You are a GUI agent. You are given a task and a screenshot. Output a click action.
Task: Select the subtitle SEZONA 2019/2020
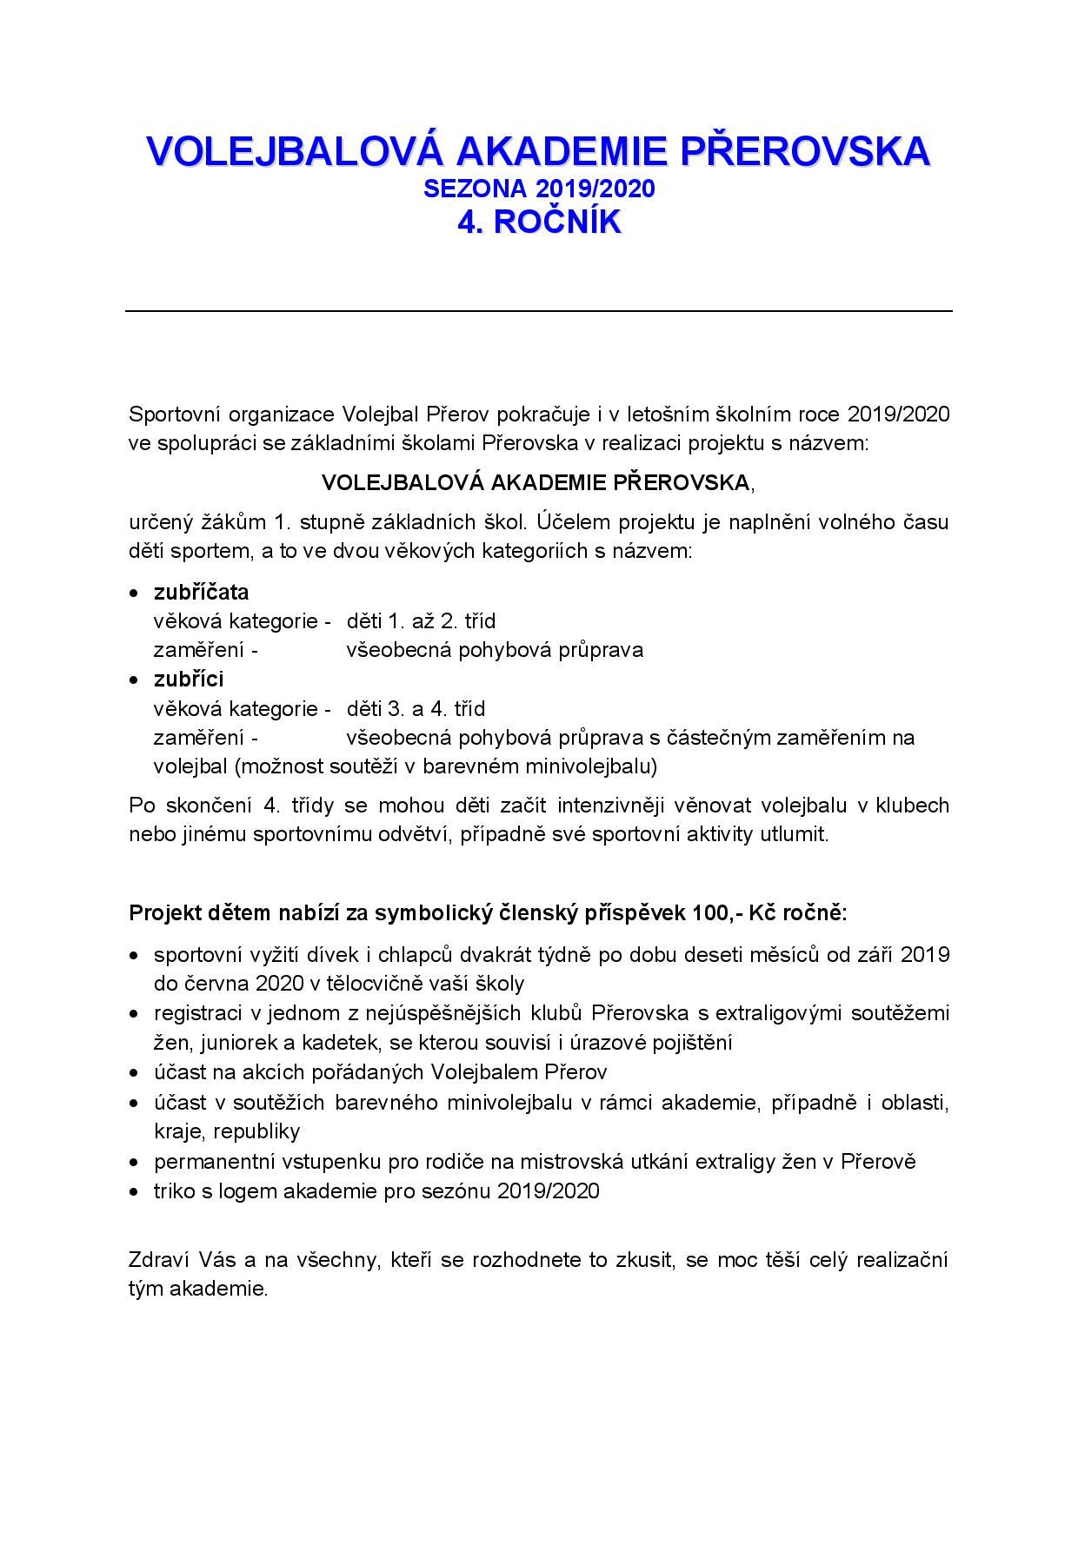(x=539, y=189)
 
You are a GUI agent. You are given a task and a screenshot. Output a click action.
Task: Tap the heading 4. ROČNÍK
(x=539, y=222)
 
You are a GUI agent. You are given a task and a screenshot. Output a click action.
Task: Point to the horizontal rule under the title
(x=539, y=310)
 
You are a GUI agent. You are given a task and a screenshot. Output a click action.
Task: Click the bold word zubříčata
(x=201, y=593)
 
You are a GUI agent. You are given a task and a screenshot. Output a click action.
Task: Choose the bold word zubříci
(x=189, y=679)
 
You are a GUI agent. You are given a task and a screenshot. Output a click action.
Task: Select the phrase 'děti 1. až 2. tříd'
(x=421, y=621)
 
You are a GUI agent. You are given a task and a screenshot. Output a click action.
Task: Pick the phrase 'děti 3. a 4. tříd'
(x=416, y=708)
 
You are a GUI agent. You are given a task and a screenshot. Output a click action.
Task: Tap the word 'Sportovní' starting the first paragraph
(x=170, y=414)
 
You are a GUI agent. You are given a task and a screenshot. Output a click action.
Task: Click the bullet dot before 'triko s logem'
(x=134, y=1192)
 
